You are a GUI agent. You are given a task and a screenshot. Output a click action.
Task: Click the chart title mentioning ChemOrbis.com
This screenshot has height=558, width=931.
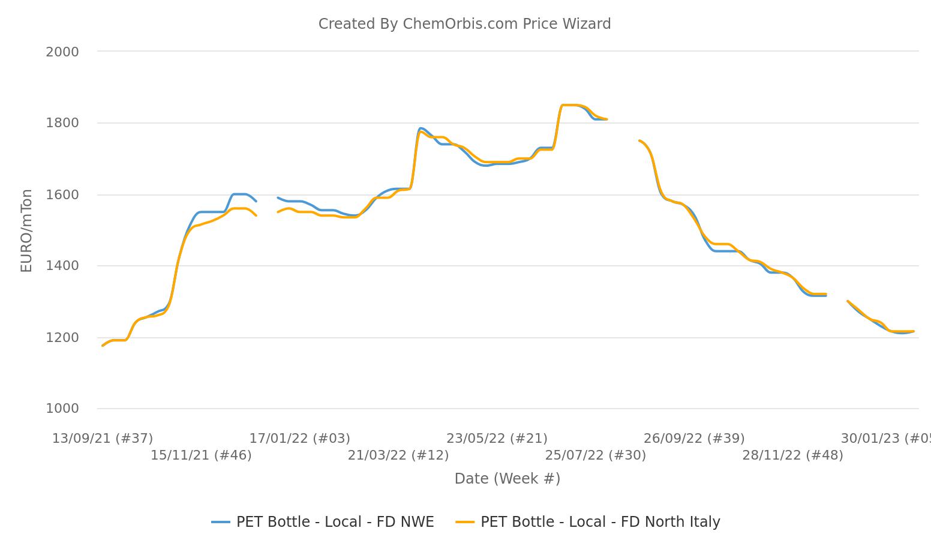(464, 24)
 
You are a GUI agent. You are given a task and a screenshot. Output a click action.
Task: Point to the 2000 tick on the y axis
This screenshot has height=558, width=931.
(62, 52)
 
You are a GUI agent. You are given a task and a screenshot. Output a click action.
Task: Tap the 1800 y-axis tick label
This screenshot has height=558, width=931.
(62, 123)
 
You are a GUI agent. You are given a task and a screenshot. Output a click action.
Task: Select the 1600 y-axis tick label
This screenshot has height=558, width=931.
(62, 195)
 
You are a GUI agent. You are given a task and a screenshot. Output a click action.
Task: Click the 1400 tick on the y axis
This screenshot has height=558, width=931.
(62, 266)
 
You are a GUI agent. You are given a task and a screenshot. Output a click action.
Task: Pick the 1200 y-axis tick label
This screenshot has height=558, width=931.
(62, 338)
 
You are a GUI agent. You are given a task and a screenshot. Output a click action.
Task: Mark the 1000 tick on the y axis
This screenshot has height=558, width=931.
(62, 409)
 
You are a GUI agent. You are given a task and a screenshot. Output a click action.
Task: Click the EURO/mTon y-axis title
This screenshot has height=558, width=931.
(26, 230)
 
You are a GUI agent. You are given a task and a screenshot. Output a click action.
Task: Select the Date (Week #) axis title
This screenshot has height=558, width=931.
(507, 479)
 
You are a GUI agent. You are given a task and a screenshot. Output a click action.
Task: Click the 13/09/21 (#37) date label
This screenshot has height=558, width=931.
(103, 439)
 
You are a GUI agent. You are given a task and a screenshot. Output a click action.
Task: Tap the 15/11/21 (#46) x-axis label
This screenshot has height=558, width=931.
(201, 455)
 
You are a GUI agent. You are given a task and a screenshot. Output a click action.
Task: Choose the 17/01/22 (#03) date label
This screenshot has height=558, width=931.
(299, 439)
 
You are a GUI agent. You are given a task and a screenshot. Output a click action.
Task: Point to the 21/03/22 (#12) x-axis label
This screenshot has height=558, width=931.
(398, 455)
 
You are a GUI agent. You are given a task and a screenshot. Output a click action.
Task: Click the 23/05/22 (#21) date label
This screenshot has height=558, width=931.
(497, 439)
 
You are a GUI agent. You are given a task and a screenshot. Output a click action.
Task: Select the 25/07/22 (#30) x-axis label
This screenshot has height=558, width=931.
(595, 455)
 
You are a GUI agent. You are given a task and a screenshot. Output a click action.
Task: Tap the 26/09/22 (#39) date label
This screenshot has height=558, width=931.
(694, 439)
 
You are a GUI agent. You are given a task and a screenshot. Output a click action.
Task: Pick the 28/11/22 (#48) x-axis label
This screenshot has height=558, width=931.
(792, 455)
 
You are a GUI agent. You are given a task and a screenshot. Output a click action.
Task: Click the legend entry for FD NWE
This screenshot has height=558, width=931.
(323, 522)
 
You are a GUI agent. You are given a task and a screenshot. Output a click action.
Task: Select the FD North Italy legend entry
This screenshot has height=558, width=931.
(588, 522)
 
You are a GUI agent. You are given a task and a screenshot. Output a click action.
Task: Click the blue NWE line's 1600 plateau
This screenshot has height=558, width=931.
(240, 194)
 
